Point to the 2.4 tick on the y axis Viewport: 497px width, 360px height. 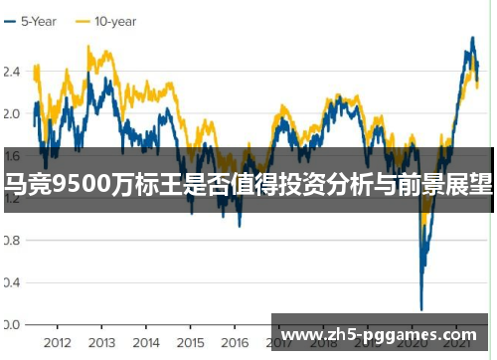[x=12, y=72]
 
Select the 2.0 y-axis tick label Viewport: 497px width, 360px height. [x=12, y=113]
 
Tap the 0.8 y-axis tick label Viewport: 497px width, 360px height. [x=12, y=240]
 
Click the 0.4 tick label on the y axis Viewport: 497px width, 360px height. [x=12, y=282]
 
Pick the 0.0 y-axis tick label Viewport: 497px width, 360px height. [x=12, y=324]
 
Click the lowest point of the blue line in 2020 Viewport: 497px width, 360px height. [x=421, y=308]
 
